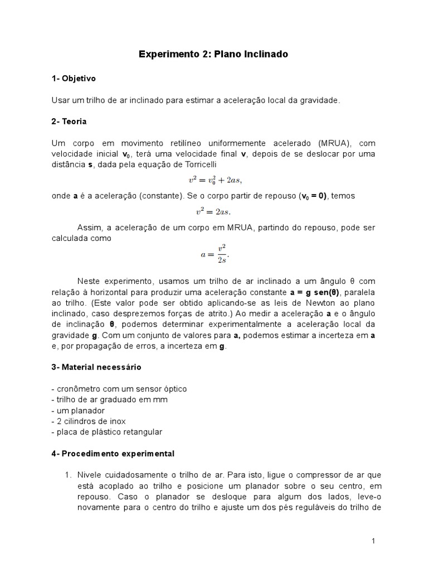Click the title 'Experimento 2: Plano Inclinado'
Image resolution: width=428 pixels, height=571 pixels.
coord(213,55)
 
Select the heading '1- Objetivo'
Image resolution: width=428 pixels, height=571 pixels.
coord(74,79)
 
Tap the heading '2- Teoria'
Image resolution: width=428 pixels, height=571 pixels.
coord(69,121)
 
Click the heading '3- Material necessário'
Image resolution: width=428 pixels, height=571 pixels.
coord(96,367)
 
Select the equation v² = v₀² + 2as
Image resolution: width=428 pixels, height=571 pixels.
coord(215,180)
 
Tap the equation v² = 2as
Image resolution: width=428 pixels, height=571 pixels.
coord(213,211)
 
